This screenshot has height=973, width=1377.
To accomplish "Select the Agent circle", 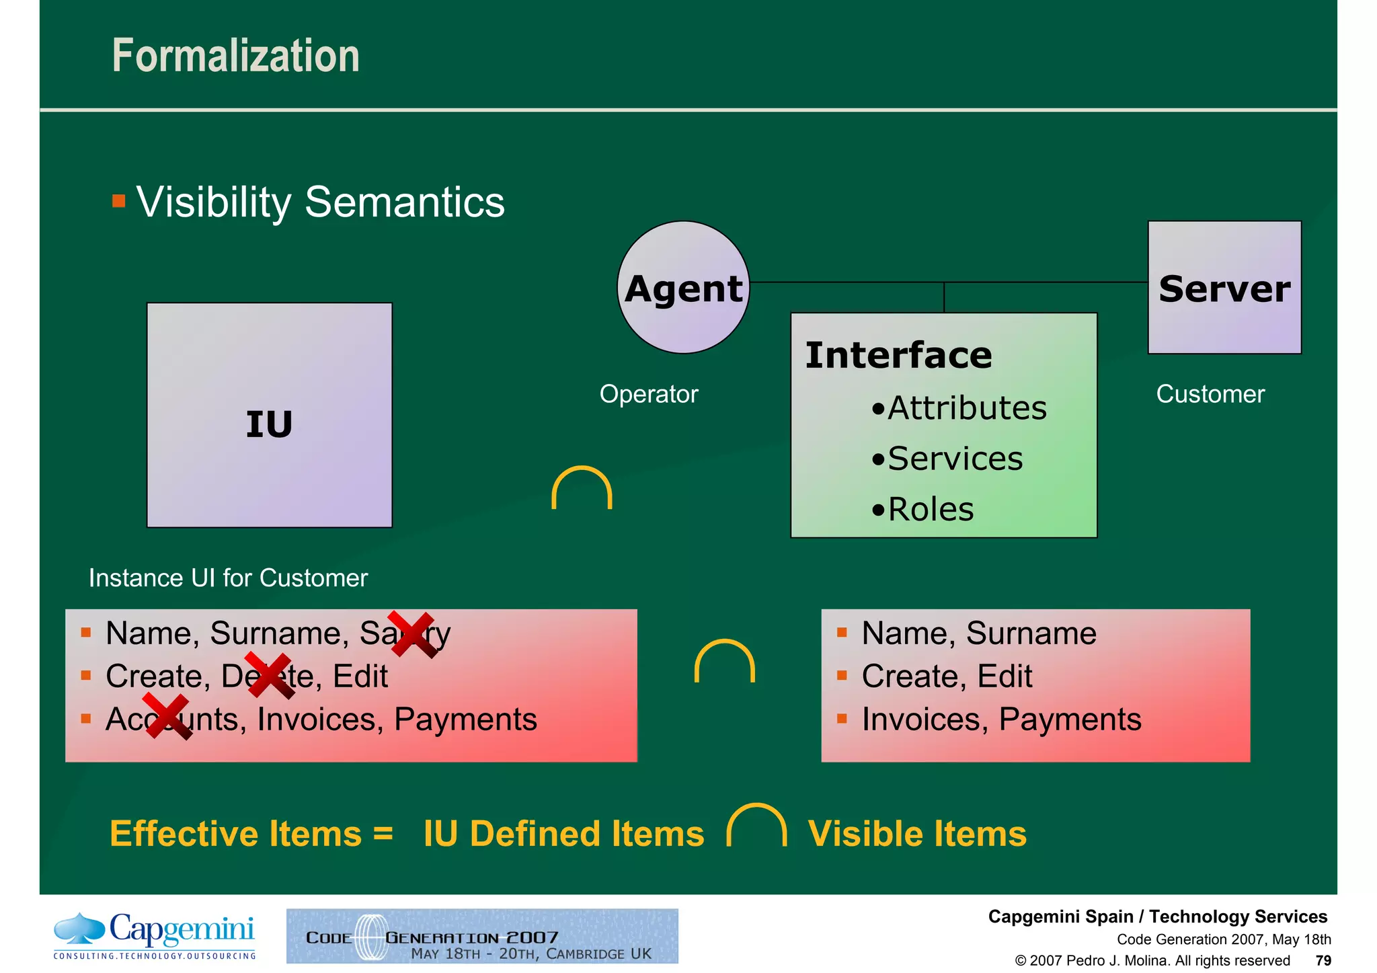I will (x=683, y=288).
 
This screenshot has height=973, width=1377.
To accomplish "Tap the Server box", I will (x=1224, y=288).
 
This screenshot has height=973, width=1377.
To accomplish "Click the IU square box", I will (x=269, y=415).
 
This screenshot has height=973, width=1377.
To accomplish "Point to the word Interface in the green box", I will (x=898, y=355).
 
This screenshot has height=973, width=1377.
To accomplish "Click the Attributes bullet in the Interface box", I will (x=959, y=408).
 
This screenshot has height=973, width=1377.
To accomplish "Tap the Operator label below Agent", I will (x=649, y=394).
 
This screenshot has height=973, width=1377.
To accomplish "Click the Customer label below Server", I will (x=1210, y=394).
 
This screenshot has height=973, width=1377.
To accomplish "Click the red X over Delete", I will (x=269, y=675).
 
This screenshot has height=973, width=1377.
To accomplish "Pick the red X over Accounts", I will (x=167, y=717).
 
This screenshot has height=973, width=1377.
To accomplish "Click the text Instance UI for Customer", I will (x=228, y=578).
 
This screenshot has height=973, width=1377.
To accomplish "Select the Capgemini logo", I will (x=155, y=935).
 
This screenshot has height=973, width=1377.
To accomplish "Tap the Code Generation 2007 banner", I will (x=482, y=936).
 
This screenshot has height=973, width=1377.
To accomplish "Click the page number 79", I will (x=1323, y=960).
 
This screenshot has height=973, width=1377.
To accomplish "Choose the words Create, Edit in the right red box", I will (x=947, y=676).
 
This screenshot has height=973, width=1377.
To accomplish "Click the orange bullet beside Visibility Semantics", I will (x=119, y=201).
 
